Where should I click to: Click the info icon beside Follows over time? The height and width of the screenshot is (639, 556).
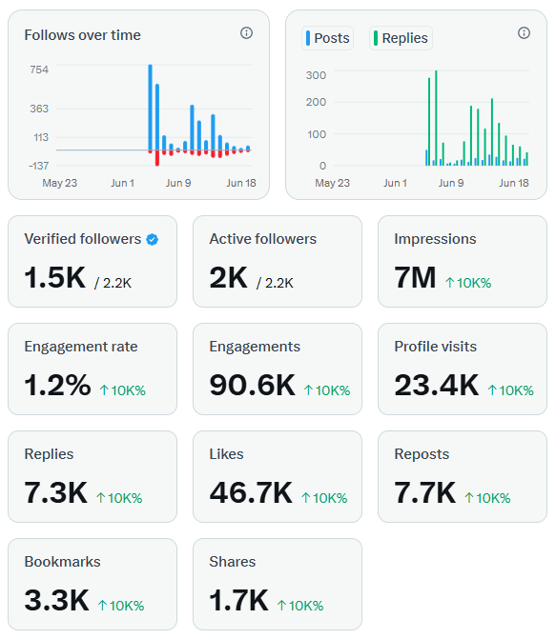click(x=246, y=32)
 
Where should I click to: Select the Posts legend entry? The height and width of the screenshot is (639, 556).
click(x=327, y=38)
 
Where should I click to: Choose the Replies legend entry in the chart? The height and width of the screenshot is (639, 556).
click(x=401, y=38)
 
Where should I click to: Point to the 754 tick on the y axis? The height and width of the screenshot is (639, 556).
click(x=39, y=70)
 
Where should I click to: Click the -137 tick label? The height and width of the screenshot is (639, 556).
click(x=38, y=166)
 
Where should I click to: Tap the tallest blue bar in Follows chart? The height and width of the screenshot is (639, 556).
click(x=151, y=108)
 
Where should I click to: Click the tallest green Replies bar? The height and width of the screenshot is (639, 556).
click(x=436, y=118)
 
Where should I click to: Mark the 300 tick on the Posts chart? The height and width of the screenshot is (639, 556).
click(x=316, y=75)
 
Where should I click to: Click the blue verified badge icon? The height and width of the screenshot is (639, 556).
click(x=153, y=240)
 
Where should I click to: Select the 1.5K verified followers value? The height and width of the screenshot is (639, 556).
click(x=54, y=277)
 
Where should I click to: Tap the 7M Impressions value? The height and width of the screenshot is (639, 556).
click(x=415, y=277)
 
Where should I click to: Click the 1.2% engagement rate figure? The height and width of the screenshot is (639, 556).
click(x=57, y=385)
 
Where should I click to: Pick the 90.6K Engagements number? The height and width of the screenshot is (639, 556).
click(x=252, y=385)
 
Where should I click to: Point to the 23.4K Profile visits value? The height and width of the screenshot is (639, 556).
click(x=437, y=385)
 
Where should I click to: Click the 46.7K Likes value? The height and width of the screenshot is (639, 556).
click(x=251, y=492)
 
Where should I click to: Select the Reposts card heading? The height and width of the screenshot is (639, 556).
click(x=422, y=454)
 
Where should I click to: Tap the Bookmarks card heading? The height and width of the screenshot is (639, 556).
click(x=62, y=562)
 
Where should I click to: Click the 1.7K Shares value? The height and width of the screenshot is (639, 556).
click(x=238, y=600)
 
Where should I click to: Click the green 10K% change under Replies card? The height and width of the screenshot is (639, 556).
click(x=119, y=498)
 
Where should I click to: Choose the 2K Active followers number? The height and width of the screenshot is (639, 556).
click(x=228, y=277)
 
